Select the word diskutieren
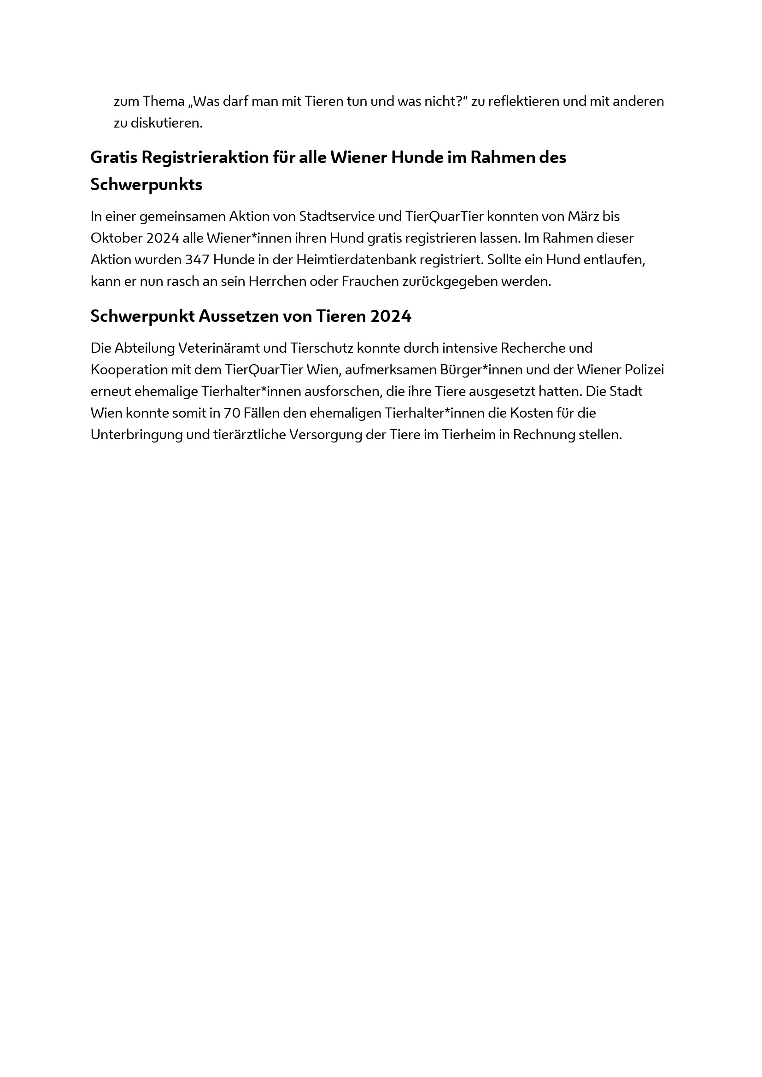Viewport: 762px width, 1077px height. pos(166,123)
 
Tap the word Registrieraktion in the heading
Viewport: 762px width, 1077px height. pos(205,157)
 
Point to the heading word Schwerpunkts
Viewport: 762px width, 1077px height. pos(147,185)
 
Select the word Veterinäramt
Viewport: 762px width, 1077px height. pos(232,348)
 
